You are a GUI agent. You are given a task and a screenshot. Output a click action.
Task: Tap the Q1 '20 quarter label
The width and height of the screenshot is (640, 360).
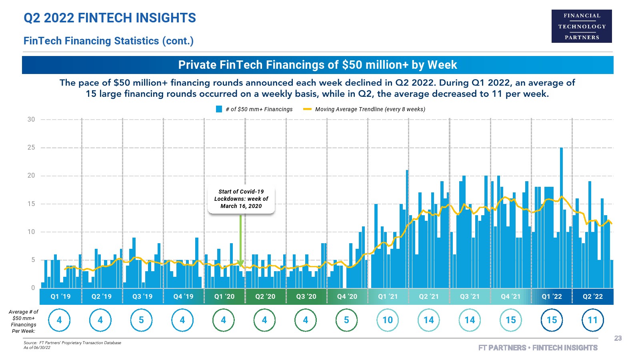[x=224, y=297]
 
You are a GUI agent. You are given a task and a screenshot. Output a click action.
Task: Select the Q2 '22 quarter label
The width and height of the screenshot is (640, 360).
[x=592, y=297]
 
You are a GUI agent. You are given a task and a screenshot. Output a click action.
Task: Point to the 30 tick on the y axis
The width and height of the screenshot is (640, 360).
[x=31, y=120]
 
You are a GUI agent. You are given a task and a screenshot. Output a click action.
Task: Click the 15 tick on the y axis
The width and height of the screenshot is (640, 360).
[x=31, y=204]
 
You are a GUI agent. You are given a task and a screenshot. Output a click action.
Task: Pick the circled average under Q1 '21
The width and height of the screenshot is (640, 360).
[x=388, y=320]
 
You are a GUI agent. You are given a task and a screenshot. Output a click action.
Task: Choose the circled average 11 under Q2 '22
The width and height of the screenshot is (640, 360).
[x=592, y=320]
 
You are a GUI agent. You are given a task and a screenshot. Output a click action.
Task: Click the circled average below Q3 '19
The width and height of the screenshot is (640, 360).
[x=141, y=320]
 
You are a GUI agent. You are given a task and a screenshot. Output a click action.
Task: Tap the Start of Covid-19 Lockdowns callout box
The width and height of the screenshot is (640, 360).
[x=241, y=199]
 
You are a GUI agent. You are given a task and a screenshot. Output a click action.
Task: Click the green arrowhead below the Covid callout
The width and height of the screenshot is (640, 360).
[x=240, y=263]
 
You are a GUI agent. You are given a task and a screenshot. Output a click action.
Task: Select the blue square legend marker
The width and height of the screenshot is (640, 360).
[x=219, y=109]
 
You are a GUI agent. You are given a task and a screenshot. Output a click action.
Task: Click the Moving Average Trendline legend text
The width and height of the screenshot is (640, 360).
[x=370, y=109]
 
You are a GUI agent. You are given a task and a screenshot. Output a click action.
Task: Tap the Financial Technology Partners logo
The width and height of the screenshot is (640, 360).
[x=582, y=26]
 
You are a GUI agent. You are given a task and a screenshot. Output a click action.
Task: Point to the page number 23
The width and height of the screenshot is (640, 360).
[x=618, y=338]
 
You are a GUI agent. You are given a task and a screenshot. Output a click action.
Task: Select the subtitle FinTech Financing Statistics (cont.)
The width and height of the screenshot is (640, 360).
[x=108, y=41]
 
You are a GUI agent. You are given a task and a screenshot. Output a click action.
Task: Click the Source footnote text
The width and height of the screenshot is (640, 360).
[x=72, y=343]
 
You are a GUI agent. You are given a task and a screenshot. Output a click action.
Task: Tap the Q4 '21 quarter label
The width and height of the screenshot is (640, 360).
[x=510, y=297]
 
